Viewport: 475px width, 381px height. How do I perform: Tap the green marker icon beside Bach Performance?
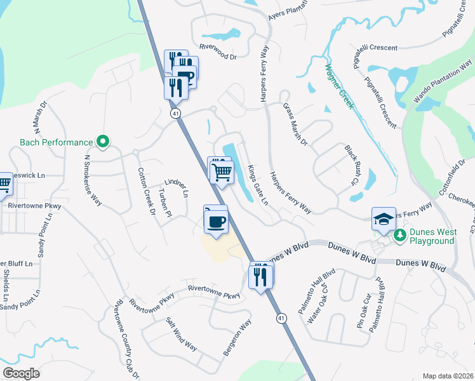(x=102, y=142)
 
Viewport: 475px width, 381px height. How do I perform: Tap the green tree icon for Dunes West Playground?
(x=400, y=236)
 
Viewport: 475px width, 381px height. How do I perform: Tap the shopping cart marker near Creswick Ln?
(x=4, y=184)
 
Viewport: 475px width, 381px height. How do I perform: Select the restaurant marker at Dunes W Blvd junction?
(x=261, y=277)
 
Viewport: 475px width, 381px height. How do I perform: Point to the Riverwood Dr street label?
(x=218, y=57)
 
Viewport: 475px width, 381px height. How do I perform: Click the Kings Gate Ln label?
(x=258, y=184)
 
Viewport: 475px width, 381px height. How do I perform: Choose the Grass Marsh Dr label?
(x=295, y=124)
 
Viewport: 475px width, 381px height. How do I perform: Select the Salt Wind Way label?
(x=182, y=334)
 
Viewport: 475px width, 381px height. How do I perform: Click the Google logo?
(x=22, y=373)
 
